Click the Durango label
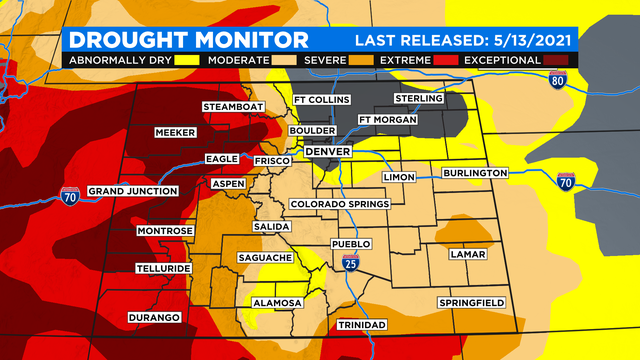154,317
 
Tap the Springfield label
471,303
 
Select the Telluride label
162,269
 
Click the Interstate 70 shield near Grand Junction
69,196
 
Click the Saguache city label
264,257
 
